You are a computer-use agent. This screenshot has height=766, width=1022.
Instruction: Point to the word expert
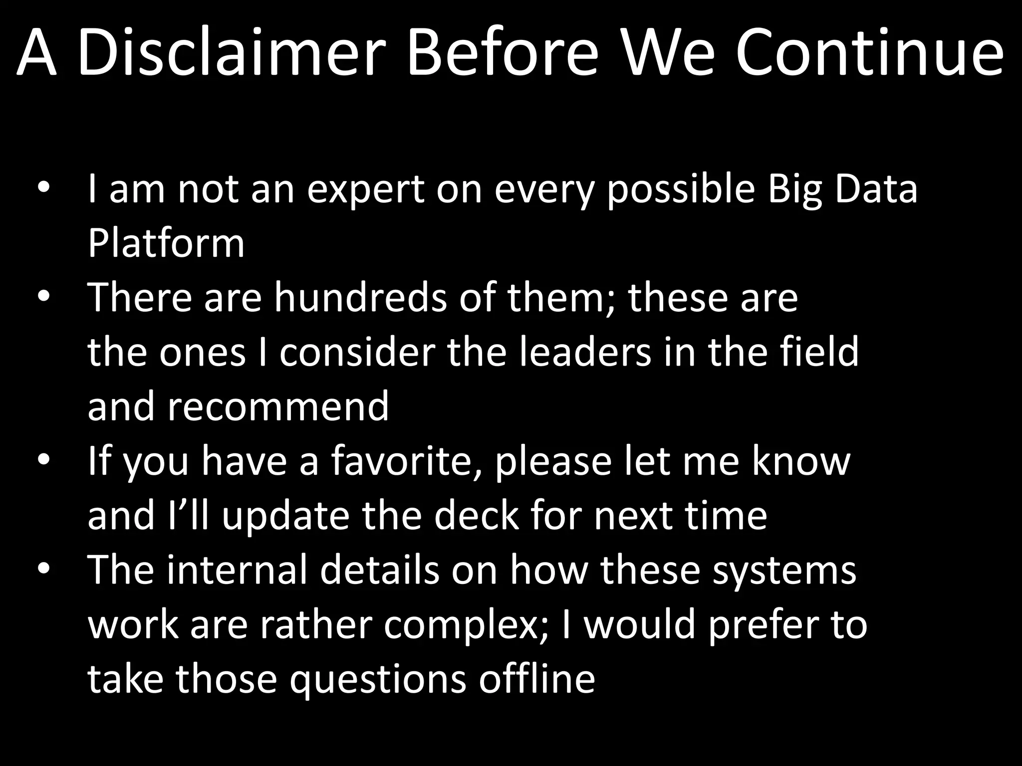366,190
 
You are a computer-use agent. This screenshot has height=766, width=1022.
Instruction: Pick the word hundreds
360,297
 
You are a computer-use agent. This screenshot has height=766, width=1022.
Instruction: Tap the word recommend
278,406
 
